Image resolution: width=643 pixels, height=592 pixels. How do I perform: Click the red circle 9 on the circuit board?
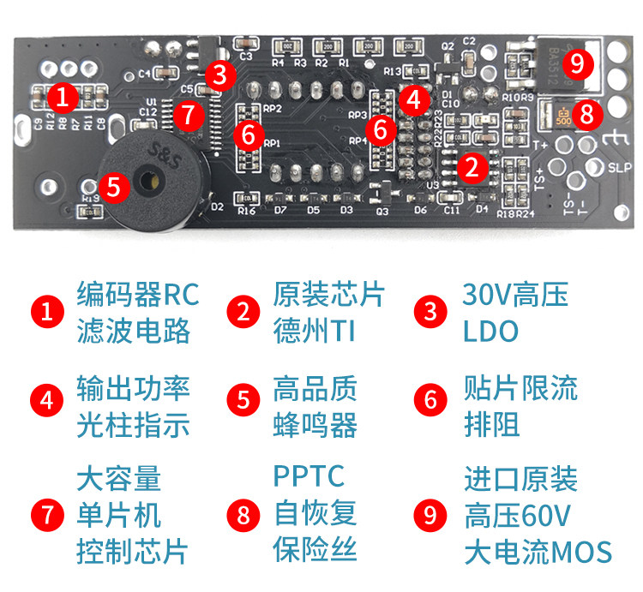click(x=577, y=62)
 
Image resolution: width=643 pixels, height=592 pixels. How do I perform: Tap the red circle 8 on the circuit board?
click(x=586, y=114)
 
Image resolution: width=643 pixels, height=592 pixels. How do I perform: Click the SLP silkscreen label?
click(x=619, y=170)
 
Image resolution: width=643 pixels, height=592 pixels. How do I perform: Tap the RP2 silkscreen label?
click(x=273, y=109)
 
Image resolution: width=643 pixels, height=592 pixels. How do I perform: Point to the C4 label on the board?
click(x=143, y=74)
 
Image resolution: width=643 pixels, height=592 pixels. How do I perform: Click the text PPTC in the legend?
click(x=309, y=475)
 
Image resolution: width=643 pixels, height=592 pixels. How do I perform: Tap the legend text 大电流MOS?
click(x=538, y=552)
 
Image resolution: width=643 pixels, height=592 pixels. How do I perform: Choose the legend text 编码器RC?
click(x=137, y=295)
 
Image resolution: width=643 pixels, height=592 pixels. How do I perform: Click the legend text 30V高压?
click(x=515, y=295)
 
